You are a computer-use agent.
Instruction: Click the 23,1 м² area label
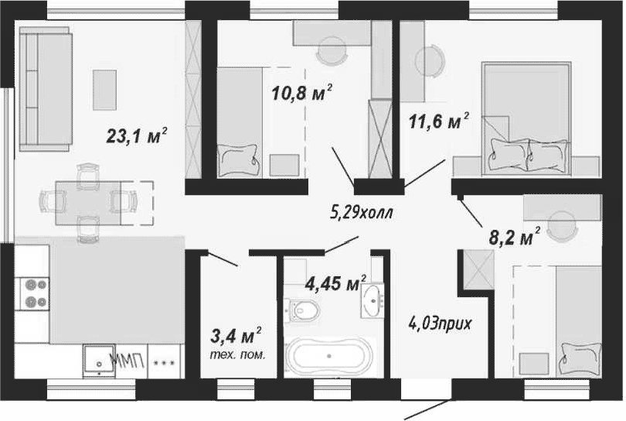click(137, 135)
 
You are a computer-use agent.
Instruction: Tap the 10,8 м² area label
click(302, 92)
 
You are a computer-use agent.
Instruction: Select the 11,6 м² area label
click(439, 121)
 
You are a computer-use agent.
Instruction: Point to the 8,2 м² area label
click(515, 237)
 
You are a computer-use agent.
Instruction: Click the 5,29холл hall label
click(362, 212)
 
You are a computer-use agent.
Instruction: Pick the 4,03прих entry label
click(440, 323)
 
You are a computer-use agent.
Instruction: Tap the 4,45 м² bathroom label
click(335, 283)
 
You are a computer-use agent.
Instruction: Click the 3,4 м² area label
click(236, 336)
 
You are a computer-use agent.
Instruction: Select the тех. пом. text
click(237, 354)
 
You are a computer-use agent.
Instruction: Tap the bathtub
click(329, 356)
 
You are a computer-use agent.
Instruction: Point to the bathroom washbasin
click(373, 300)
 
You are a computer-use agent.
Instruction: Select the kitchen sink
click(99, 361)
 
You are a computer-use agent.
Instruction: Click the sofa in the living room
click(45, 89)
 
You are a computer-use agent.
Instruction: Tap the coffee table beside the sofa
click(104, 90)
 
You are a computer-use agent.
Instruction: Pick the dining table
click(88, 203)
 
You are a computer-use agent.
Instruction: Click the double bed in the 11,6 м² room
click(526, 118)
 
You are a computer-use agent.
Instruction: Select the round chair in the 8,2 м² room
click(562, 227)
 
